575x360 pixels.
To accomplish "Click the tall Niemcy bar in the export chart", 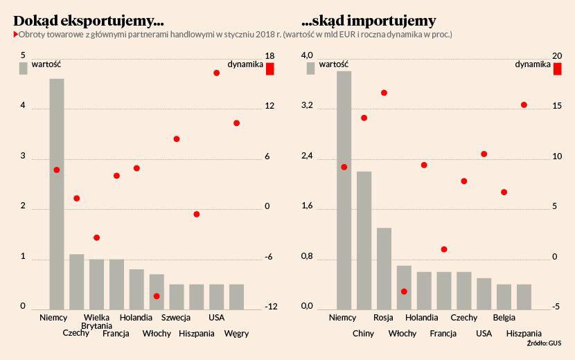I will coord(56,194).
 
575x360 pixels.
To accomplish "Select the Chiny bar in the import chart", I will coord(364,240).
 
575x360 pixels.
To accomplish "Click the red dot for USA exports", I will coord(217,73).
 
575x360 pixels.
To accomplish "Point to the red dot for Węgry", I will coord(237,123).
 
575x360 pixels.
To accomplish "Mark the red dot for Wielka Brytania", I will coord(97,237).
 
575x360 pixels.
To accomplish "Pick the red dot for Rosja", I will coord(384,93).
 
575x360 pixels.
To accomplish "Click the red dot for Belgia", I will coord(504,192).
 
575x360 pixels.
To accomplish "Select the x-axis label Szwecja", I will coord(176,318).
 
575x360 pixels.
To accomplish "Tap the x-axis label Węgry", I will coord(236,334).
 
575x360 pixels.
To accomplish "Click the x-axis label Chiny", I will coord(363,334).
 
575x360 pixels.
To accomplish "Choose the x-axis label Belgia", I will coord(504,318).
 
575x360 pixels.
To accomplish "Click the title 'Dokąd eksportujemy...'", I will coord(89,20).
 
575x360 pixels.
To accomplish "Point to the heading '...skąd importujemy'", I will coord(369,20).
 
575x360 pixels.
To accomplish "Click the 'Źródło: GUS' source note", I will coord(544,343).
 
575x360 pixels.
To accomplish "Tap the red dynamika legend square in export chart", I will coord(270,69).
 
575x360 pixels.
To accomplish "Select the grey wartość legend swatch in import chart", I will coord(311,67).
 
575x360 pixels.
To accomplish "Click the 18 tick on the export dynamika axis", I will coord(270,55).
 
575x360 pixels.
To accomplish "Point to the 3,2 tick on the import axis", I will coord(307,106).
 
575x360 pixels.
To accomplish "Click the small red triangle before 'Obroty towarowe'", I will coord(15,34).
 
